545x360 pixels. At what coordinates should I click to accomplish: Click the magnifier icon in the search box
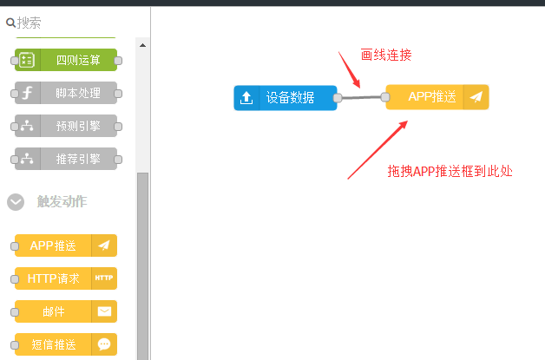coord(11,23)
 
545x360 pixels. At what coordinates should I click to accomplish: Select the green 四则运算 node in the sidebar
coord(77,60)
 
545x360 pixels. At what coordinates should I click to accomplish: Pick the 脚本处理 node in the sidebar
coord(77,93)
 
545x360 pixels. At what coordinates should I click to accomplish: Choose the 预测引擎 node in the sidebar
coord(77,126)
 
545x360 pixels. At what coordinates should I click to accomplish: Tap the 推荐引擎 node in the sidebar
coord(77,159)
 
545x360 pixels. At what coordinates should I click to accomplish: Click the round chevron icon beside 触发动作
coord(16,201)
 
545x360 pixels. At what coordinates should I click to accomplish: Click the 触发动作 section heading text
coord(62,201)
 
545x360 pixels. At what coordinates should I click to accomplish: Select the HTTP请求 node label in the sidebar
coord(54,278)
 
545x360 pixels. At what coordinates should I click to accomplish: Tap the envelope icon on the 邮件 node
coord(104,311)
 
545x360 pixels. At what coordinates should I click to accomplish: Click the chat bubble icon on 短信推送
coord(104,344)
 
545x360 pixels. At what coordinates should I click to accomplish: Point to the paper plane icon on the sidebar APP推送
coord(104,245)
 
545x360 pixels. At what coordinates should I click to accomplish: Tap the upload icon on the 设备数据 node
coord(246,98)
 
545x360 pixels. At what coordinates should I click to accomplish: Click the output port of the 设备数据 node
coord(338,98)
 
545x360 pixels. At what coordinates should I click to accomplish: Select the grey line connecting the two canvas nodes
coord(362,97)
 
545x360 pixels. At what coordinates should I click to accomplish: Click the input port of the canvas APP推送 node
coord(386,97)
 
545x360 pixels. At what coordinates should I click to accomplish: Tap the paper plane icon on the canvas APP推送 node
coord(476,97)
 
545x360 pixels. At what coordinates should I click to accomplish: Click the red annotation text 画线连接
coord(386,55)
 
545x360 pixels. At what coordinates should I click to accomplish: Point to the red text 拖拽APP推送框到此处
coord(450,171)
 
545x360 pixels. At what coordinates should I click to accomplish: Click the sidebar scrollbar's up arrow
coord(142,44)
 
